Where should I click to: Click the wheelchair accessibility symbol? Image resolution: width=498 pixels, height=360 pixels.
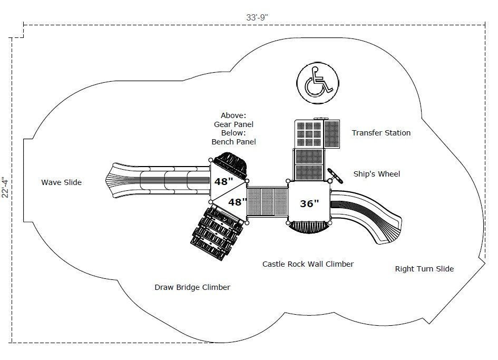click(x=317, y=81)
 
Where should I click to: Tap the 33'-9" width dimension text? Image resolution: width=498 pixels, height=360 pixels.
click(x=258, y=17)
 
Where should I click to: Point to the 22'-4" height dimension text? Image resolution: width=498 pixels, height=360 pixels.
click(x=6, y=187)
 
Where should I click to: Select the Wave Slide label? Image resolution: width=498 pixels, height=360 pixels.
click(x=62, y=182)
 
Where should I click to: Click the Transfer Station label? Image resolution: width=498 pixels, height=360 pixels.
click(x=381, y=133)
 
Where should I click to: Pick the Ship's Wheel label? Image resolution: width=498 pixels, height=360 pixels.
click(x=377, y=174)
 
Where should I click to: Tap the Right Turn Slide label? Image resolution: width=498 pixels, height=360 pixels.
click(x=424, y=269)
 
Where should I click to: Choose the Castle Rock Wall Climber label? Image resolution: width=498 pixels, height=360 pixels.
click(x=308, y=264)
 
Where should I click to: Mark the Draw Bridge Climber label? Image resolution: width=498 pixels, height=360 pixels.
click(x=192, y=287)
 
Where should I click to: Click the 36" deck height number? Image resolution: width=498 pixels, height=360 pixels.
click(x=309, y=203)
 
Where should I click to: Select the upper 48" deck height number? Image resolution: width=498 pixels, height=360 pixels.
click(x=223, y=181)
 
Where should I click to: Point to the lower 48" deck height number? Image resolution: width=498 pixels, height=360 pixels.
click(x=237, y=202)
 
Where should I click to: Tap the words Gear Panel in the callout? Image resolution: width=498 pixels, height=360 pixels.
click(x=233, y=124)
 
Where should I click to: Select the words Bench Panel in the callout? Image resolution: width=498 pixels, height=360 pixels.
click(x=233, y=141)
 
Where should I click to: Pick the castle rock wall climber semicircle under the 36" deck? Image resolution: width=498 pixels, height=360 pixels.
click(x=308, y=227)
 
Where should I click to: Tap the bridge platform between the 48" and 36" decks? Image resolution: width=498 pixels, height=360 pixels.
click(x=267, y=203)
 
